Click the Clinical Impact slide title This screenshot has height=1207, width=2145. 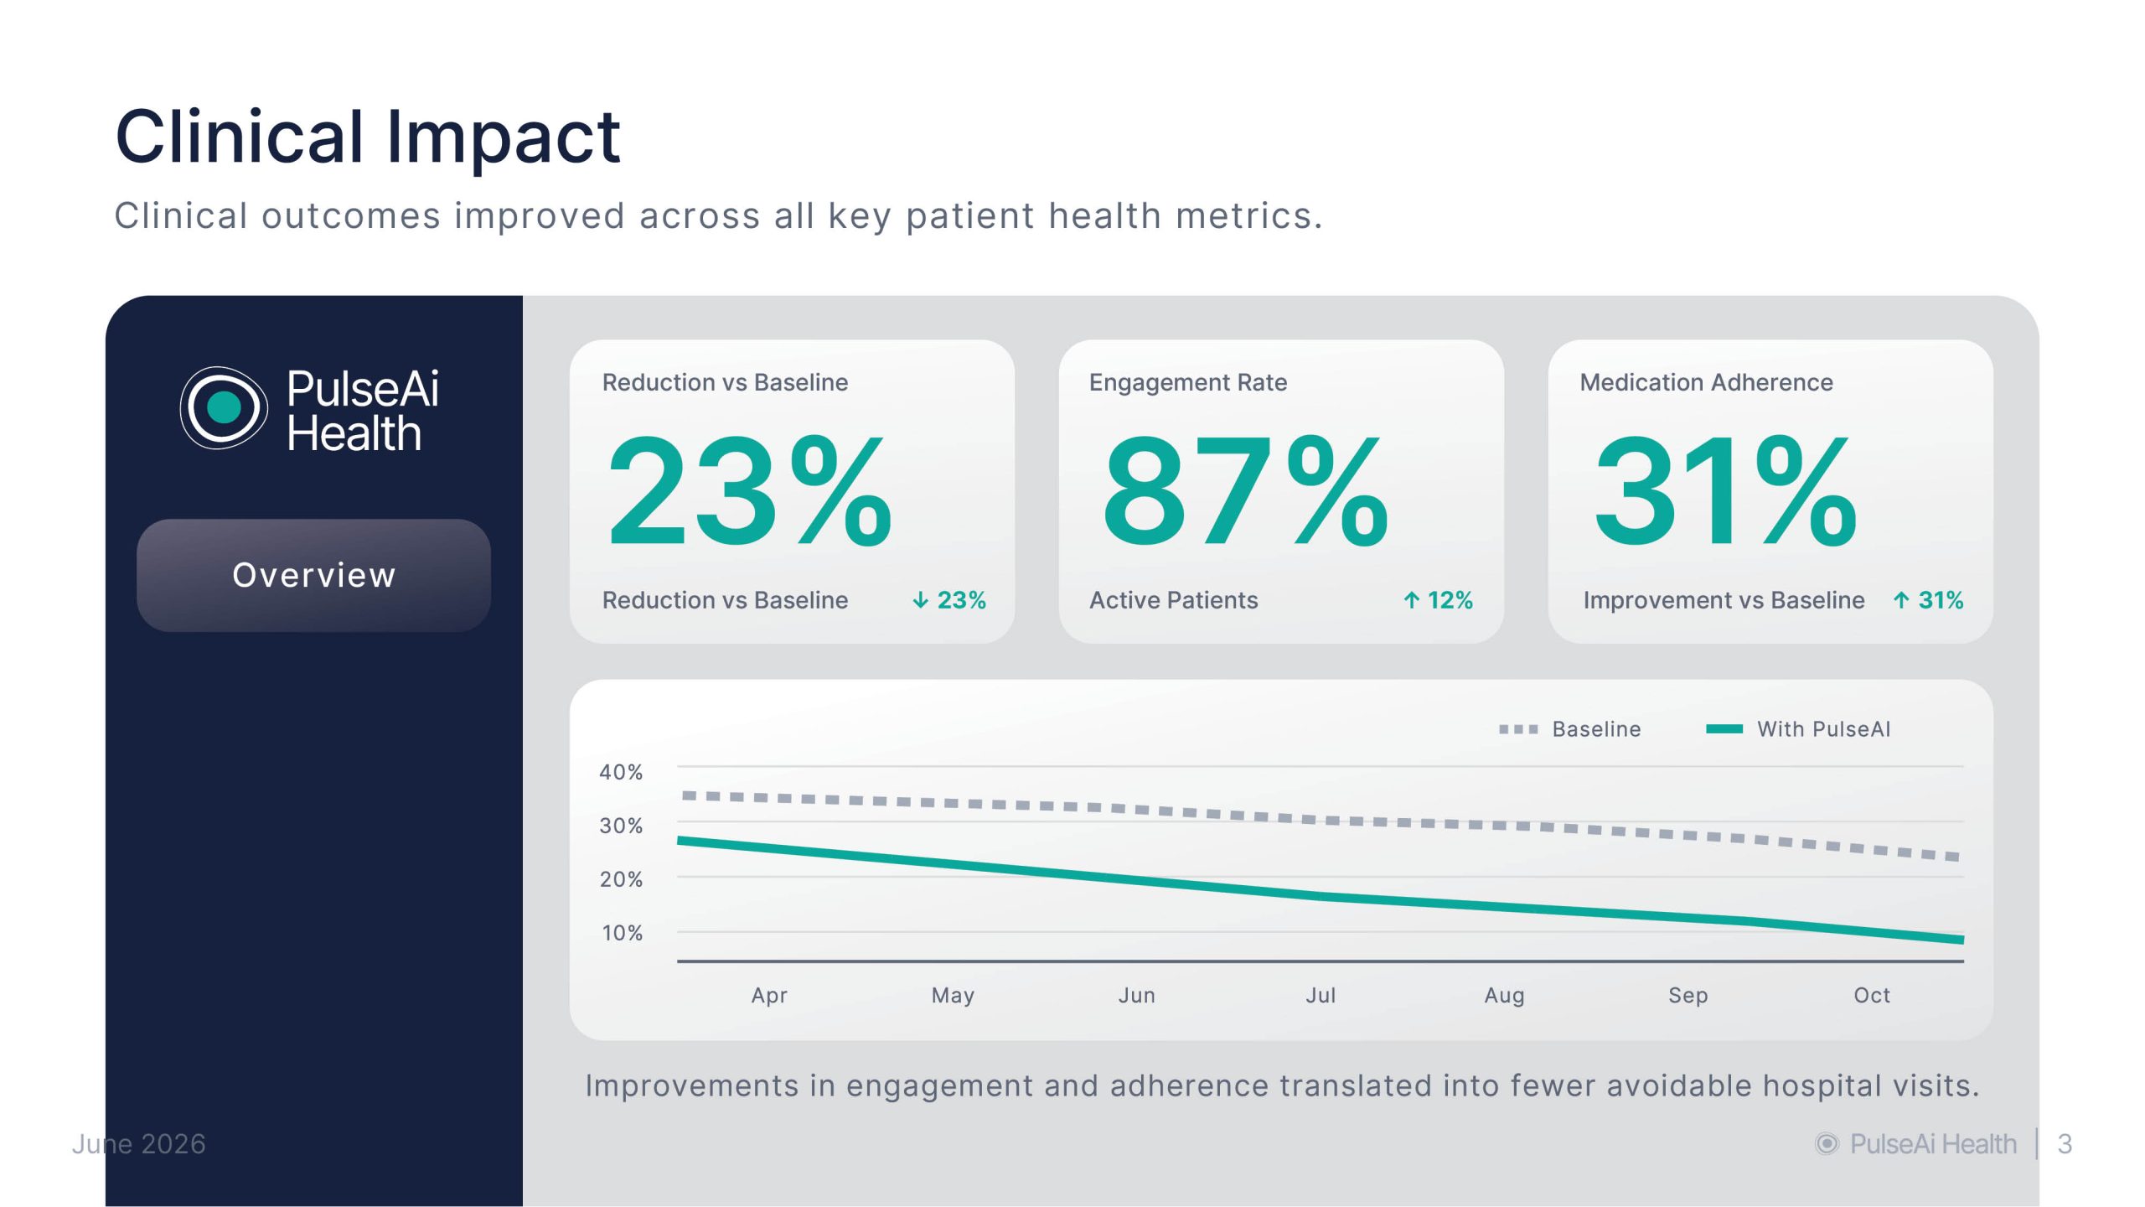coord(368,137)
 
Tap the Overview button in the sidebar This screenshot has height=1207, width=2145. coord(313,575)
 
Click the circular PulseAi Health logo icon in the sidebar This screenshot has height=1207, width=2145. coord(224,408)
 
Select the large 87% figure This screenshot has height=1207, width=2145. coord(1246,491)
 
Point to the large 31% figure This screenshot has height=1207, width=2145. coord(1726,491)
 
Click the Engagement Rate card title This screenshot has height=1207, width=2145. coord(1188,382)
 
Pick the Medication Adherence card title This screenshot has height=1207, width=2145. coord(1706,382)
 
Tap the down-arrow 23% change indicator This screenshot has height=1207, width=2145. coord(949,600)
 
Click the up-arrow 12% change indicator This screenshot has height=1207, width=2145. coord(1438,600)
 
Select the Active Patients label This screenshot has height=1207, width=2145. coord(1173,600)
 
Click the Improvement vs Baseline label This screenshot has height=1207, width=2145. coord(1724,600)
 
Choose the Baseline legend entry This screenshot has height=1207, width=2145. coord(1569,729)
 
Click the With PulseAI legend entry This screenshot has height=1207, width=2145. coord(1798,729)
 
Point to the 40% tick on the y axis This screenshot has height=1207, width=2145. coord(621,772)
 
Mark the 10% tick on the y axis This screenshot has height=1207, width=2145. coord(622,933)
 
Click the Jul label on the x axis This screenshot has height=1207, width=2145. coord(1321,995)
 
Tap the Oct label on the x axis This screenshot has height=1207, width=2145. coord(1872,995)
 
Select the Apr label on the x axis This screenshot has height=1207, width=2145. coord(769,996)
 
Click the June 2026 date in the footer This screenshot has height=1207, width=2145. coord(139,1144)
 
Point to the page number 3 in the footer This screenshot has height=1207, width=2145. coord(2065,1144)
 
